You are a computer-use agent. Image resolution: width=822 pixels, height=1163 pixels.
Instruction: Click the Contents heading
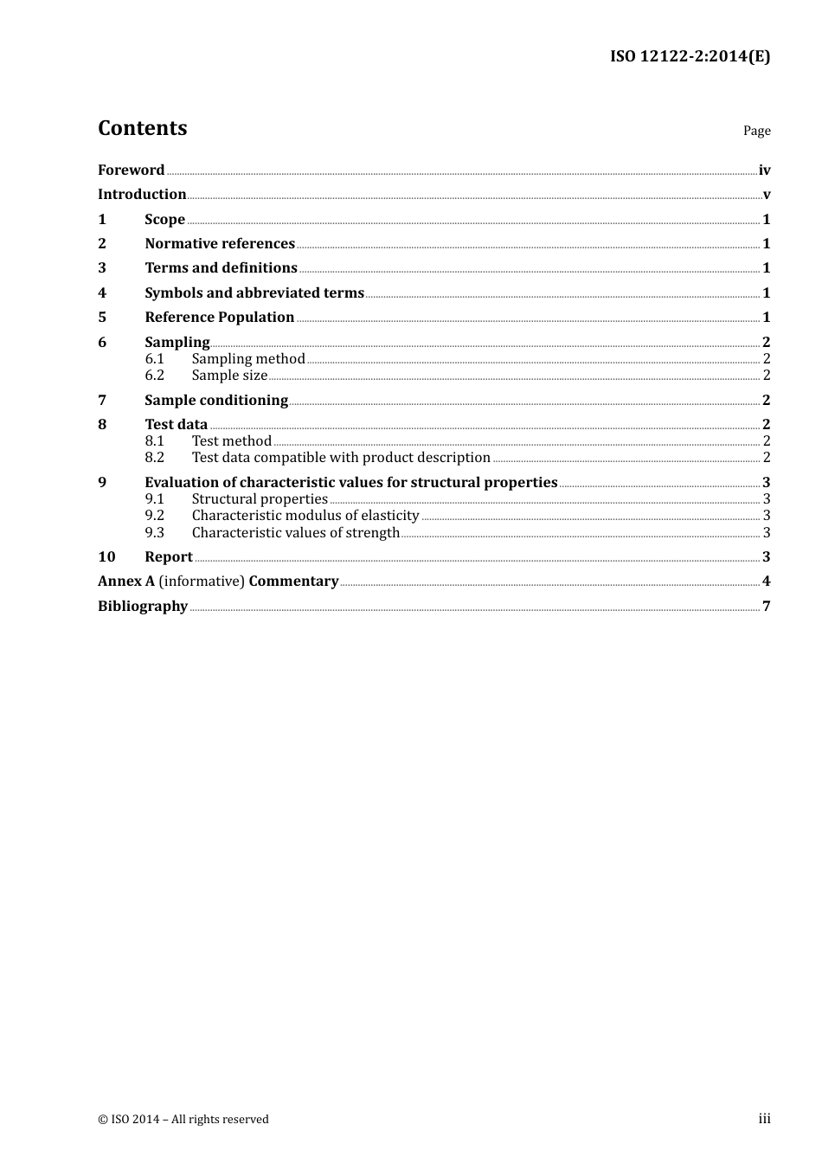142,128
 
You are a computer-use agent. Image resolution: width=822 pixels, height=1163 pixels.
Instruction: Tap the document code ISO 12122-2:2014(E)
690,56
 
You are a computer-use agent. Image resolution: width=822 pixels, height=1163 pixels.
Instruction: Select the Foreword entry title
131,170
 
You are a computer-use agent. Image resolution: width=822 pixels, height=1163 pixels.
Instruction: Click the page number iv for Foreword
764,170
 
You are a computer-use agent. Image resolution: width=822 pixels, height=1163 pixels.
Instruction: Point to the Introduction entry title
142,194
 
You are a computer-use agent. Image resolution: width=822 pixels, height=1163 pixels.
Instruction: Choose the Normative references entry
220,243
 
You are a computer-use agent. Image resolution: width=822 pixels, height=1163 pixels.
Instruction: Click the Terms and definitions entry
221,267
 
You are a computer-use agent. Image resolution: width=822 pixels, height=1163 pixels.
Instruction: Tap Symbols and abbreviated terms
254,292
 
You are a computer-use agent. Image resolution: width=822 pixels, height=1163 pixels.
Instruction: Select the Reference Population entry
220,317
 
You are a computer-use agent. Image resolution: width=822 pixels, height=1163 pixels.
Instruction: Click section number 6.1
154,358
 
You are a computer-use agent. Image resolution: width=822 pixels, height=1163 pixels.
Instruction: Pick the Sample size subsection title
229,375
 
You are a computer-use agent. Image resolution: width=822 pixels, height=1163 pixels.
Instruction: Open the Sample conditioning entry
216,400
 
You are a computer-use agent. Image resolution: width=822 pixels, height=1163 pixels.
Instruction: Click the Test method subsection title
232,440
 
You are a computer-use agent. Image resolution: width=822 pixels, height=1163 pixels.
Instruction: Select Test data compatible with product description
341,457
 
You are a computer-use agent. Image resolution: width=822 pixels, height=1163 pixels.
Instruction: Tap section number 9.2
154,515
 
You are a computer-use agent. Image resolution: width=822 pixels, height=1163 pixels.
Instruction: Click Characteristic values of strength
296,532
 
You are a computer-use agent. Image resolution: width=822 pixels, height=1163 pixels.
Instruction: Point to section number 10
106,556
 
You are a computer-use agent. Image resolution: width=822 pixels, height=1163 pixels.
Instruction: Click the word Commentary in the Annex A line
293,581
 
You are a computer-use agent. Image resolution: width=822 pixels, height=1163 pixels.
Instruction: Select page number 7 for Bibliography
766,606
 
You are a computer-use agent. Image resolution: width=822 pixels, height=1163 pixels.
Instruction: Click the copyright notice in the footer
183,1119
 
